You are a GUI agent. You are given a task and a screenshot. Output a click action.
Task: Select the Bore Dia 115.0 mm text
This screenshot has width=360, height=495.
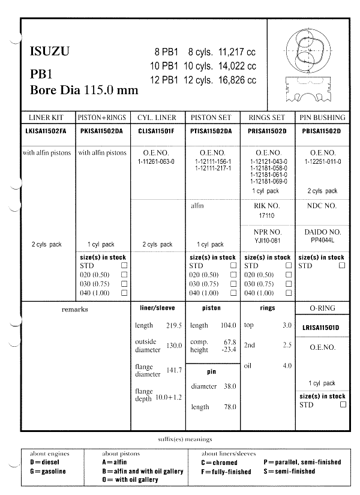[x=84, y=91]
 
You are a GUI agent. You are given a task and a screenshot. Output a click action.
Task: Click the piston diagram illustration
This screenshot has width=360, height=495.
[x=310, y=63]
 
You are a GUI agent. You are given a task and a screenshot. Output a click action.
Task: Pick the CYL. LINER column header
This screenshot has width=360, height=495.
[x=157, y=118]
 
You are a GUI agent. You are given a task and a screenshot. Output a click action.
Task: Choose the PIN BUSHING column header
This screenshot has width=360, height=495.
[x=323, y=118]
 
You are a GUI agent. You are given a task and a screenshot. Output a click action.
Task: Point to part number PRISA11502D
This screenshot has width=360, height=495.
[x=268, y=130]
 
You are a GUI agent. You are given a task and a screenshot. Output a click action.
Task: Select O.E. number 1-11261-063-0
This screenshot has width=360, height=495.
[x=157, y=162]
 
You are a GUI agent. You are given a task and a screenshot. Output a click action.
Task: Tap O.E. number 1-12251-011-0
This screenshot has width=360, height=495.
[x=323, y=162]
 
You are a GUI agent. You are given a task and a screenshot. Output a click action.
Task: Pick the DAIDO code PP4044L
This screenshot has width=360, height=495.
[x=323, y=239]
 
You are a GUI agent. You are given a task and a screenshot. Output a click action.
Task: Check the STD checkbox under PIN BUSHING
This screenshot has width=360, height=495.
[x=342, y=265]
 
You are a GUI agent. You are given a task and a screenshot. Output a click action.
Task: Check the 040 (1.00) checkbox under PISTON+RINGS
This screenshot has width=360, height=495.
[x=124, y=293]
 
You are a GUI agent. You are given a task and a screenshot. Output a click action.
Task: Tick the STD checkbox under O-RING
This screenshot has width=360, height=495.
[x=343, y=404]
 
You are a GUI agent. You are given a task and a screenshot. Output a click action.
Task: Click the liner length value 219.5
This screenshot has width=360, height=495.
[x=173, y=325]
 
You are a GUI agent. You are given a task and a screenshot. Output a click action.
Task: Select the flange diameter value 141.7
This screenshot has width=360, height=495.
[x=173, y=370]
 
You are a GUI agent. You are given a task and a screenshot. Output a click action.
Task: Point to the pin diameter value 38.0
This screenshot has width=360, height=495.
[x=230, y=386]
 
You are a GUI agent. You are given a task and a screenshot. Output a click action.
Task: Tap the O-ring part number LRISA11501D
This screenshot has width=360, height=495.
[x=323, y=328]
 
